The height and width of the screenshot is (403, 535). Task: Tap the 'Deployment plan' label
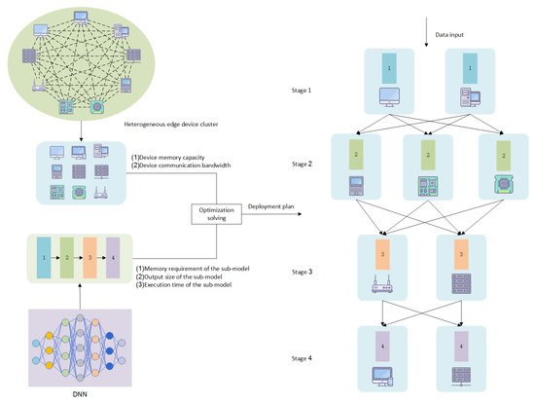tap(271, 206)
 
